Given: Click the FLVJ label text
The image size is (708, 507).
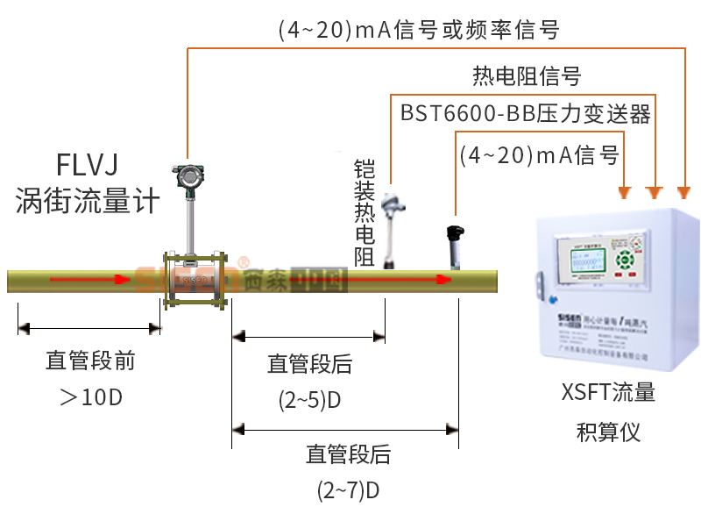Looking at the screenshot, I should click(x=87, y=165).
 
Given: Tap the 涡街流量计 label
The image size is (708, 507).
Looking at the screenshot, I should click(x=87, y=202).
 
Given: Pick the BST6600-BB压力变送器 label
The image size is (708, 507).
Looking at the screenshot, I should click(x=526, y=113).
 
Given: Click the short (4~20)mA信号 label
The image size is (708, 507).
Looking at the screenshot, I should click(x=539, y=155).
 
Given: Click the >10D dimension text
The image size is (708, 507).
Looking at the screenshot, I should click(x=90, y=397).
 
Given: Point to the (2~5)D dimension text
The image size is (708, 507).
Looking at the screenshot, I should click(x=309, y=401).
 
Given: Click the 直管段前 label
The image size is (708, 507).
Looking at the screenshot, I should click(x=90, y=361).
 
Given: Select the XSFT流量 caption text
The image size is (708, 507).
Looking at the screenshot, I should click(x=608, y=392).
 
